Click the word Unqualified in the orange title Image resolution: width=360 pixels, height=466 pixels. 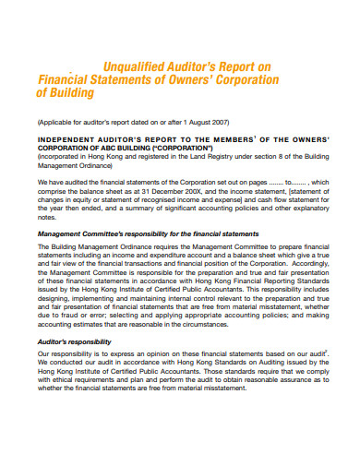(137, 66)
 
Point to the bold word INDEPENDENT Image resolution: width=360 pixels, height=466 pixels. (73, 140)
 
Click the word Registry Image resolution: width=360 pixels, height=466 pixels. (214, 158)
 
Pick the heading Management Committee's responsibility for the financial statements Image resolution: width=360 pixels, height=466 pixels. (148, 234)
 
